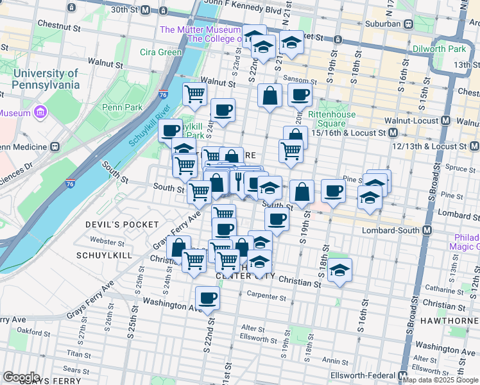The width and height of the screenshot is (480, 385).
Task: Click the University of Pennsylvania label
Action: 45,79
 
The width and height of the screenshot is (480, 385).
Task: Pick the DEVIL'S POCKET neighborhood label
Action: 122,225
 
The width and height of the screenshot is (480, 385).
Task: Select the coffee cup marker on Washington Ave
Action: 207,298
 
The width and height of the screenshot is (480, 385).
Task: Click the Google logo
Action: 22,377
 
